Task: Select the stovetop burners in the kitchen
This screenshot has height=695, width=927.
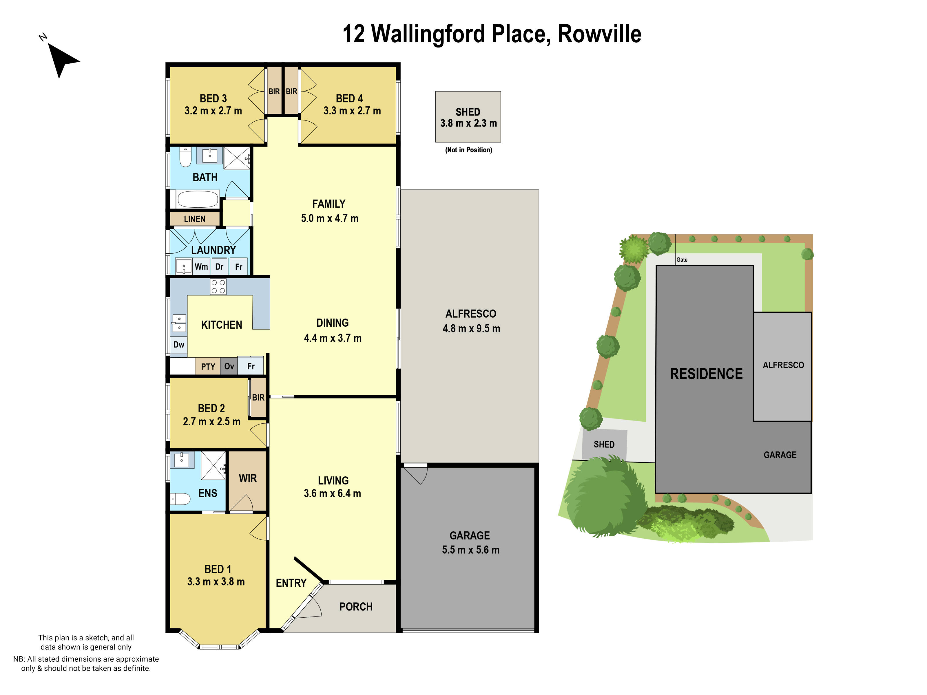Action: (x=218, y=287)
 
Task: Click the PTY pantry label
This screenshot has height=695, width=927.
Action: (x=208, y=367)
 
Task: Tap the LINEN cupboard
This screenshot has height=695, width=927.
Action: (x=194, y=219)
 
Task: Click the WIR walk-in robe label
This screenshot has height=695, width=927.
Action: (x=248, y=478)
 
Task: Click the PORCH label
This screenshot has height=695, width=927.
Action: (x=356, y=607)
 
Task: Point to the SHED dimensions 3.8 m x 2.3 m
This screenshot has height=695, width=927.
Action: (x=468, y=123)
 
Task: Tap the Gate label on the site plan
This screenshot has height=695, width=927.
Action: (x=682, y=260)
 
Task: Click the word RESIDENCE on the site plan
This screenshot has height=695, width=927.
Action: (x=706, y=374)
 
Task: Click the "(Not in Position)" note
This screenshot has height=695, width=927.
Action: (x=468, y=150)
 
